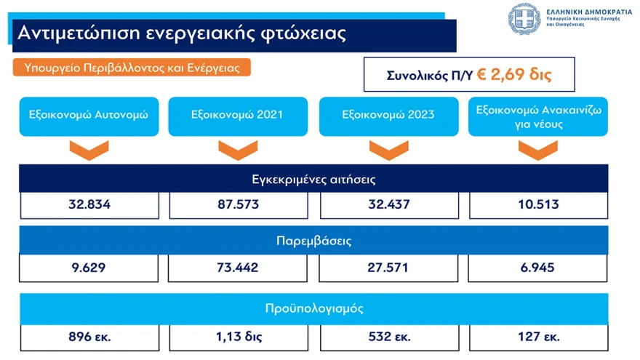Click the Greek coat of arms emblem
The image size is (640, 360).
[x=524, y=19]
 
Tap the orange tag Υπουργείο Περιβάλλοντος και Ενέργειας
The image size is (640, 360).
[x=132, y=68]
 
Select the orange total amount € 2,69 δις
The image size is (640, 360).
[x=514, y=74]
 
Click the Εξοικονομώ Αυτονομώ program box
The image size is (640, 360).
[x=89, y=116]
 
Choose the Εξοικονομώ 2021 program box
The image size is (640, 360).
[x=238, y=116]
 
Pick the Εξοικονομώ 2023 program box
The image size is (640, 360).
[x=388, y=116]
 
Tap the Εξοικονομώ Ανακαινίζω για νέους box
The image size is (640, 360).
[x=538, y=116]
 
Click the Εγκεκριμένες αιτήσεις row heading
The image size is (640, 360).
[x=313, y=179]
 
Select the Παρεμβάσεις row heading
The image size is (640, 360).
[x=313, y=240]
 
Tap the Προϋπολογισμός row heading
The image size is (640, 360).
[x=313, y=308]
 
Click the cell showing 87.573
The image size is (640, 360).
[x=239, y=205]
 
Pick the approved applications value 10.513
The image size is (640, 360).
[x=538, y=205]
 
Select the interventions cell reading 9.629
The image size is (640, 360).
[x=89, y=268]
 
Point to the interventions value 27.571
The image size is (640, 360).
[x=388, y=268]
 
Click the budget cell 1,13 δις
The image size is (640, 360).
[x=239, y=337]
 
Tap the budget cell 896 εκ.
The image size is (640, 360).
[x=89, y=337]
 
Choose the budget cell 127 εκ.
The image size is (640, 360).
[x=539, y=337]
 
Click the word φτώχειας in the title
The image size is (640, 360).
[x=303, y=33]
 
